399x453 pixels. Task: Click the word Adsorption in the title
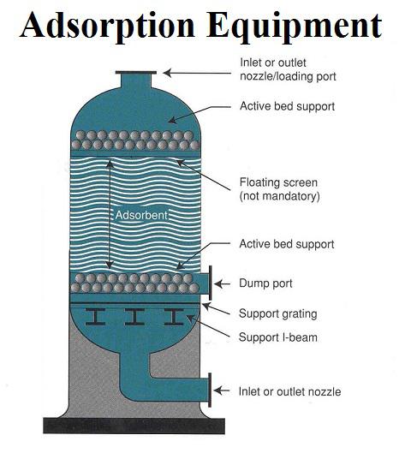pos(108,27)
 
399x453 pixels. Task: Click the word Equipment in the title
pos(295,27)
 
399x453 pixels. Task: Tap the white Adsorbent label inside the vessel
pos(141,215)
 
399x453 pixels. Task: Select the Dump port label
pos(265,283)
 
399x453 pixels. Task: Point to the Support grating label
pos(278,313)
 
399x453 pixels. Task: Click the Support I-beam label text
pos(278,337)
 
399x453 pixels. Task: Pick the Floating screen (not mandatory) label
pos(280,189)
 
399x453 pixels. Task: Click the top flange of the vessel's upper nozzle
pos(136,73)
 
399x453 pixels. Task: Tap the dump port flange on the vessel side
pos(211,283)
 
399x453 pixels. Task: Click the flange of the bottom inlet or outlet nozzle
pos(210,390)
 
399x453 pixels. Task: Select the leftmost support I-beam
pos(95,317)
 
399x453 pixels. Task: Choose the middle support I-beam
pos(134,317)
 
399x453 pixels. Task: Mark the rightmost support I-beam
pos(174,317)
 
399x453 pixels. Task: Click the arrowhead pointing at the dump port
pos(218,283)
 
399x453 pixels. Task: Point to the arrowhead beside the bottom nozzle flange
pos(217,390)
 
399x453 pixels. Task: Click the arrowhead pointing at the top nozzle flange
pos(167,73)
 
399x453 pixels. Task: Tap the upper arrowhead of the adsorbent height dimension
pos(110,164)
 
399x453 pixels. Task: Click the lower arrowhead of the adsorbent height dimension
pos(110,264)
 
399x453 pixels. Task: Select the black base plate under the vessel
pos(134,426)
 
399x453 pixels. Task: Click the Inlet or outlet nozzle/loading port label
pos(288,69)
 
